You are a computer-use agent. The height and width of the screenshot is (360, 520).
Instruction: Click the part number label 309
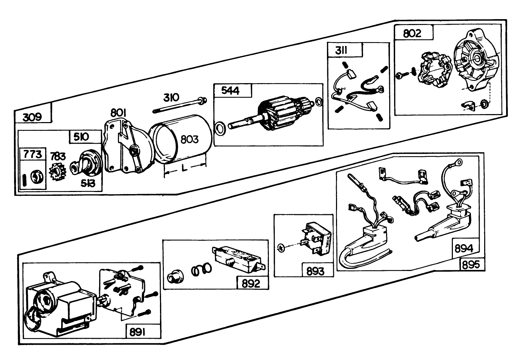(32, 117)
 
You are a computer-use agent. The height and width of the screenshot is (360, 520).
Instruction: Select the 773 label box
(32, 154)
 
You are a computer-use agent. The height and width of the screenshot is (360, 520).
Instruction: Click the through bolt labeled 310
(179, 106)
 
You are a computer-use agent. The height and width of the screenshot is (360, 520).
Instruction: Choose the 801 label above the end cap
(119, 113)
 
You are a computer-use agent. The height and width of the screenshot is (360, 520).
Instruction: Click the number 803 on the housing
(190, 139)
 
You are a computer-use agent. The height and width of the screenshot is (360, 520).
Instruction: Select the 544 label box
(231, 91)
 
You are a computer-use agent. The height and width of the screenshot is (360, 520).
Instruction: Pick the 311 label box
(342, 51)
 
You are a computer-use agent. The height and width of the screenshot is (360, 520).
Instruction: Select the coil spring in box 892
(201, 270)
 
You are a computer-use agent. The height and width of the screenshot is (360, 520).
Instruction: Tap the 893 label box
(315, 271)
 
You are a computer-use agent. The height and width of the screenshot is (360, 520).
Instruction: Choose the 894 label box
(464, 249)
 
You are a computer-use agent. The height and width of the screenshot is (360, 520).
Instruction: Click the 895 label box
(471, 265)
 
